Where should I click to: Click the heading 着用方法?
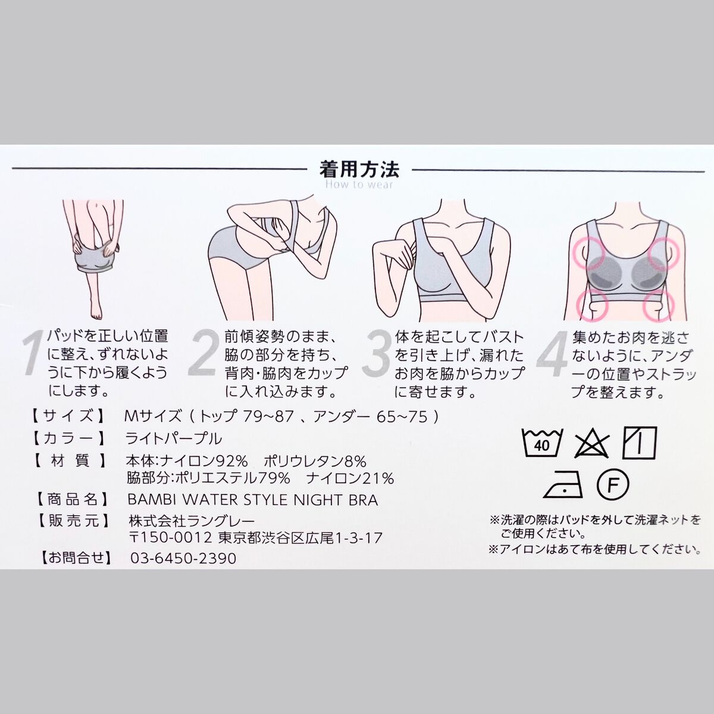(359, 170)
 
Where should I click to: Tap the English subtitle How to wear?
(359, 184)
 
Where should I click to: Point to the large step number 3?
(376, 355)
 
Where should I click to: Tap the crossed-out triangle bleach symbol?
(591, 443)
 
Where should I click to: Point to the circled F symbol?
(613, 486)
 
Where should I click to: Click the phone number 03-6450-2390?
(183, 558)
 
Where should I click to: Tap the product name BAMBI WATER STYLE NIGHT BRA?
(253, 500)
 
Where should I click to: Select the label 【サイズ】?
(68, 416)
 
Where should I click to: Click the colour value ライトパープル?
(174, 439)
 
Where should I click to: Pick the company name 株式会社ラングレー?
(192, 521)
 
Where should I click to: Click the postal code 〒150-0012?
(171, 538)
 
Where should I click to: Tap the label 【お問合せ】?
(76, 558)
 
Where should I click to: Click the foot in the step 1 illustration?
(96, 310)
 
